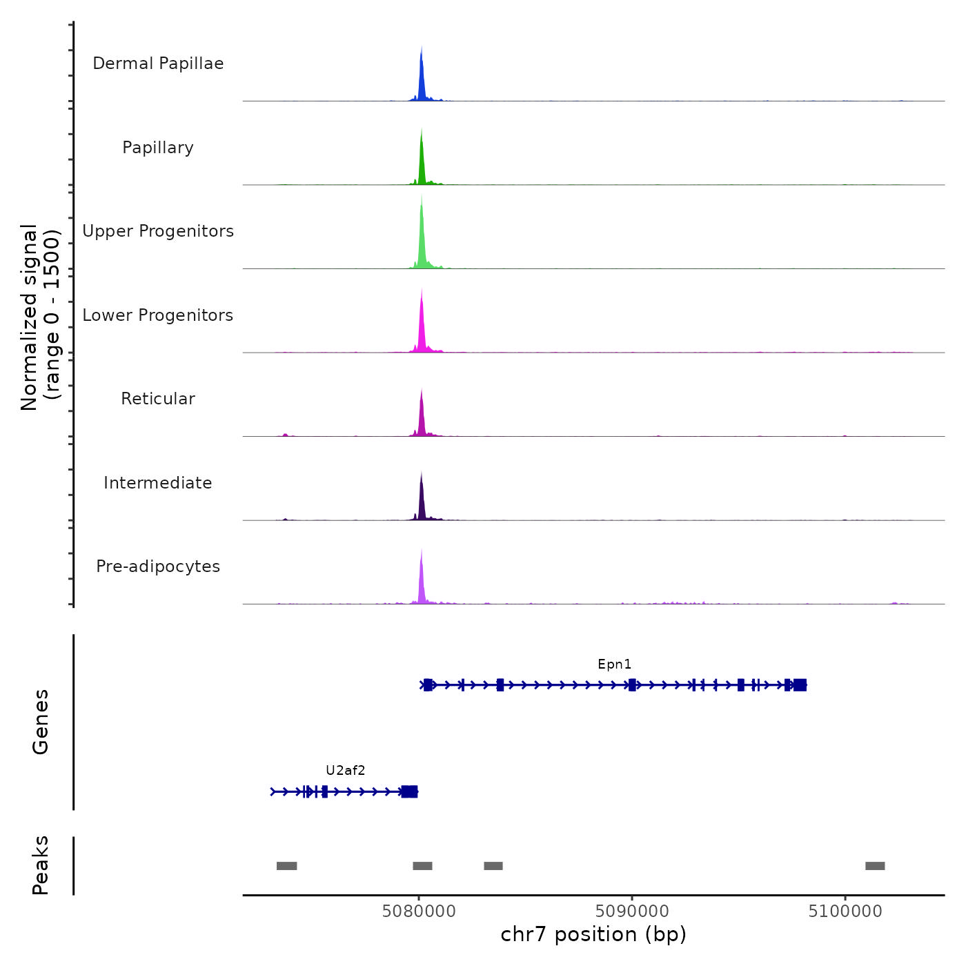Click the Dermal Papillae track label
(x=158, y=63)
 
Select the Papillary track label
(x=158, y=148)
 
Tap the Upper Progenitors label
(x=158, y=231)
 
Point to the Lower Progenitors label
(x=158, y=315)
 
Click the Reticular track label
(x=158, y=399)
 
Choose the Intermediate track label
(x=158, y=483)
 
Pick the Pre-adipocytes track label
(x=158, y=566)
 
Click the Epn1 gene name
(x=614, y=664)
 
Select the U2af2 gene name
(x=345, y=771)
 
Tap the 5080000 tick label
(x=419, y=911)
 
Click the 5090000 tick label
(x=632, y=911)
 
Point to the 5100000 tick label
(x=845, y=911)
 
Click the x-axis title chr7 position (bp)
(x=593, y=934)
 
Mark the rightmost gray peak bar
(x=875, y=866)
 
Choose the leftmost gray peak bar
(x=286, y=866)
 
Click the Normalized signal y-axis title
(x=40, y=317)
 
